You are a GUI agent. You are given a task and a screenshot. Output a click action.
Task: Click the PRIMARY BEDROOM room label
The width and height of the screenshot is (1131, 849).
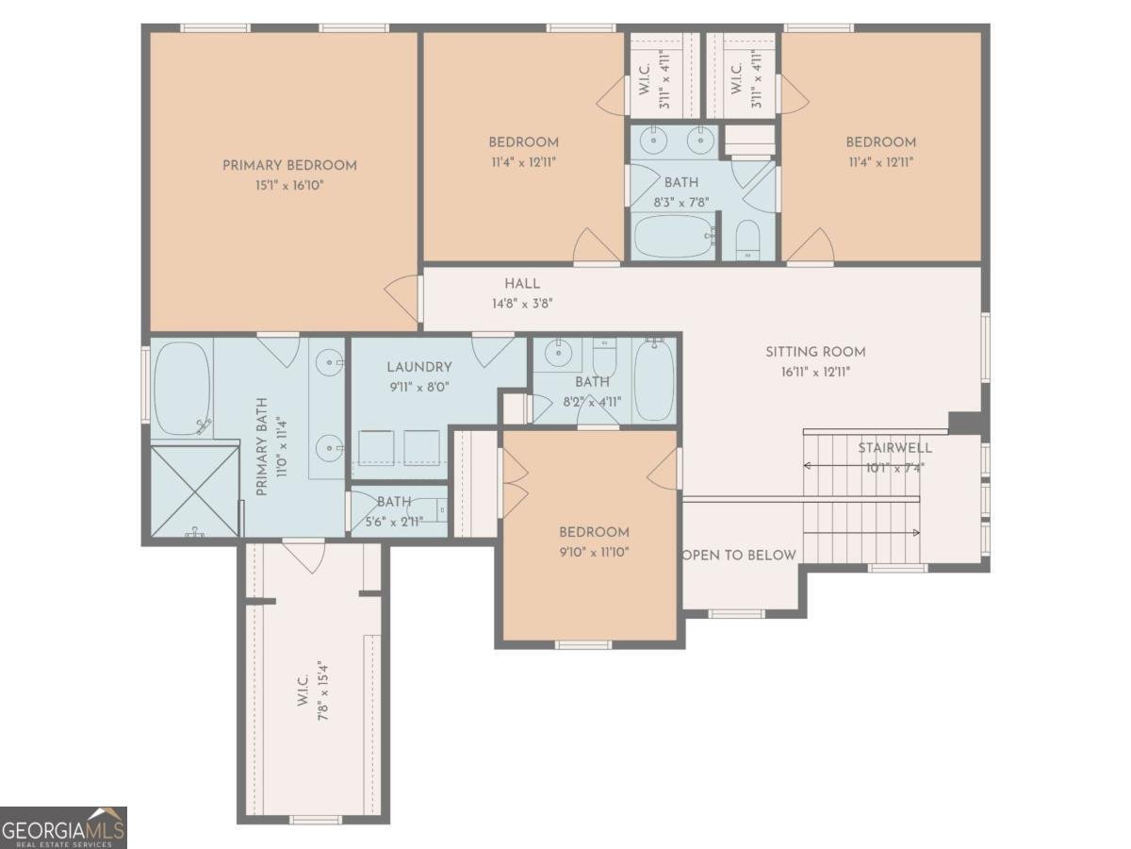coord(289,165)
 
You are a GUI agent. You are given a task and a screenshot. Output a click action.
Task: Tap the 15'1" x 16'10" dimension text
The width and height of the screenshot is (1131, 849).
coord(289,186)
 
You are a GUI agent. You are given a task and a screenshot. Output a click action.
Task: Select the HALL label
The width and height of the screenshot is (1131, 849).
coord(522,284)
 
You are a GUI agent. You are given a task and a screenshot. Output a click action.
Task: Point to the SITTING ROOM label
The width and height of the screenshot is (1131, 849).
coord(815,352)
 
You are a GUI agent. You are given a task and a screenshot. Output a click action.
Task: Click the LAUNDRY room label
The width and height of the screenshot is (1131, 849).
coord(419,367)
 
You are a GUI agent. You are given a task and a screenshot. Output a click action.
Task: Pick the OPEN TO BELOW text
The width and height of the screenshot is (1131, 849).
coord(740,556)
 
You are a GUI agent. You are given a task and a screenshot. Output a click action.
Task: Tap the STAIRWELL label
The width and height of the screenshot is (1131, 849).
coord(895,448)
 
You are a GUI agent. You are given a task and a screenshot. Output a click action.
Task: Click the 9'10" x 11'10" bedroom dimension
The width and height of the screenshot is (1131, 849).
coord(594,552)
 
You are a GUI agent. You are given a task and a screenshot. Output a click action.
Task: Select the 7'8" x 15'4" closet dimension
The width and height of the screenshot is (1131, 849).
coord(323,691)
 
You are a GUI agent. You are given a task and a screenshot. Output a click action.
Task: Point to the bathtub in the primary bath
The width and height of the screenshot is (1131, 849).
coord(183,389)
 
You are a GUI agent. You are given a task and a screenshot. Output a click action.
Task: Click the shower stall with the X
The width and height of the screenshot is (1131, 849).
coord(195,491)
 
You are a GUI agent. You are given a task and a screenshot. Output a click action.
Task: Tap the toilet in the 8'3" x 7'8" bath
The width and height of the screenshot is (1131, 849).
coord(747,241)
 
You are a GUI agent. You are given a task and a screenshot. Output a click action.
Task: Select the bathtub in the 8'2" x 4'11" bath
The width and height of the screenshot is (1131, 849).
coord(653,380)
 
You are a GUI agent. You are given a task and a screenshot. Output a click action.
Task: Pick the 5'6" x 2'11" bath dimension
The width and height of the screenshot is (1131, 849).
coord(394,522)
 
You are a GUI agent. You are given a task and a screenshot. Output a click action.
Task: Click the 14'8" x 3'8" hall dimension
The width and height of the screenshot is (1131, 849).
coord(522,304)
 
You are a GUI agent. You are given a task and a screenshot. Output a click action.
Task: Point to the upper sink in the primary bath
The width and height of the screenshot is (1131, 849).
coord(330,363)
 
